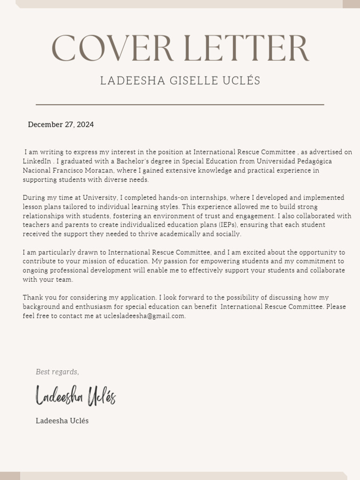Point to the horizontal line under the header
(x=180, y=105)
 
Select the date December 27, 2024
(x=61, y=125)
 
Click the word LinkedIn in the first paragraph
(x=37, y=161)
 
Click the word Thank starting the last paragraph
(x=31, y=298)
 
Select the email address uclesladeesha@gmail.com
(x=144, y=316)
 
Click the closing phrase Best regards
(x=57, y=372)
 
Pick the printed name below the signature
(x=62, y=421)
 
